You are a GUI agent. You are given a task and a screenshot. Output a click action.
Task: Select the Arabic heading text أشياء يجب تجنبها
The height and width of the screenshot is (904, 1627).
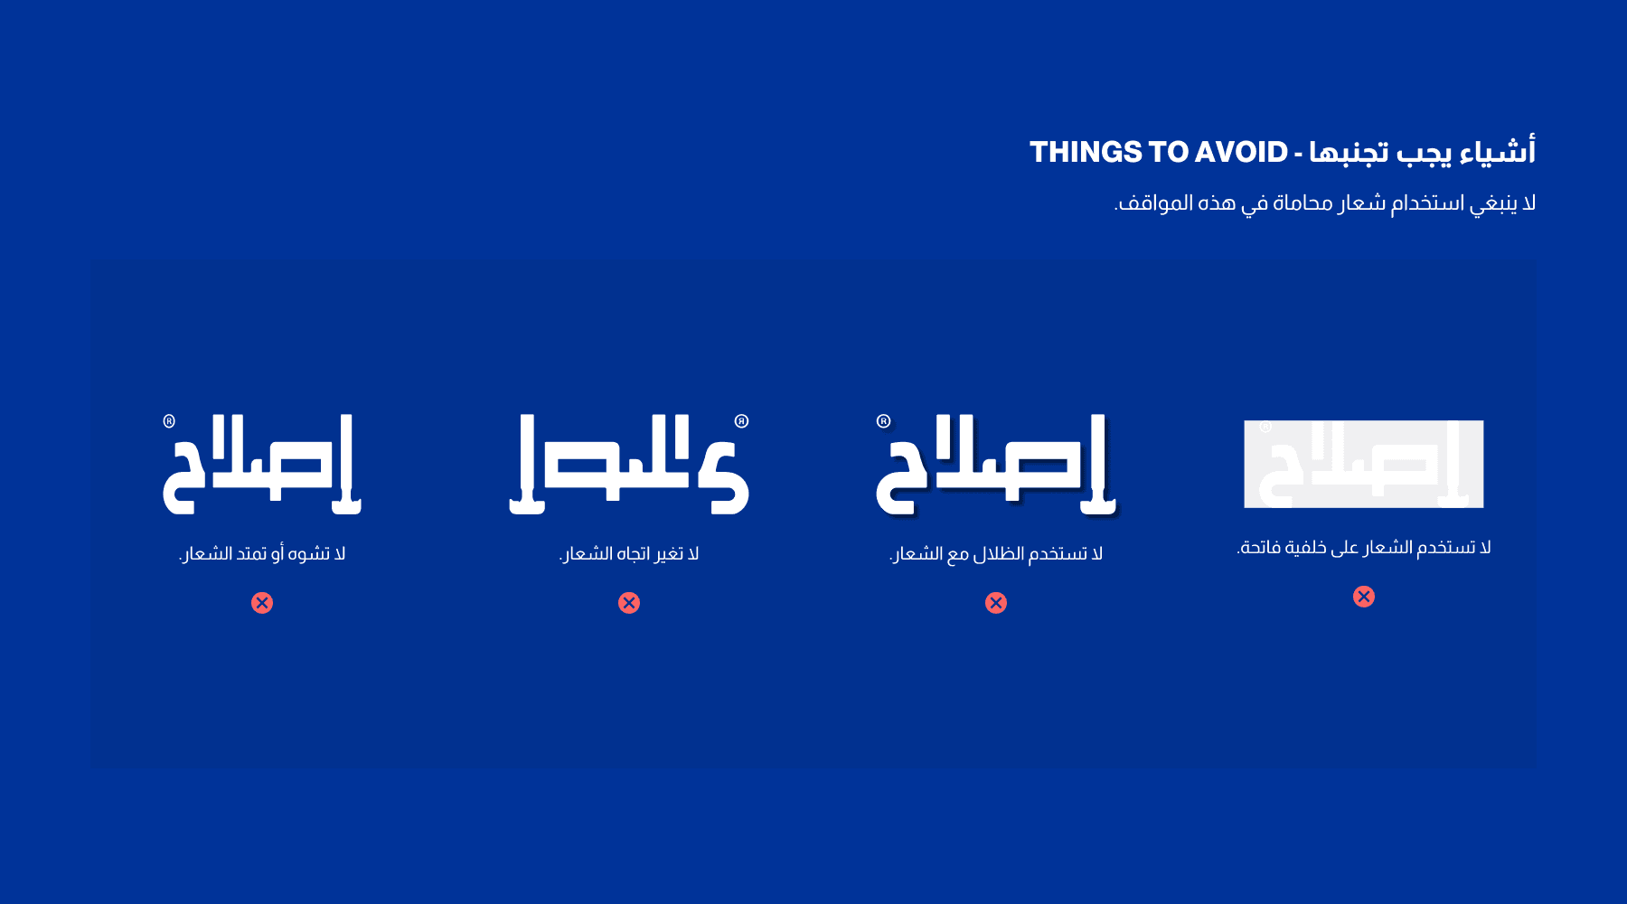tap(1423, 151)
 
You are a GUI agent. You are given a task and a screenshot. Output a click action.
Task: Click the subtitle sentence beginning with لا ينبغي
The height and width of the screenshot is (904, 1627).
tap(1325, 202)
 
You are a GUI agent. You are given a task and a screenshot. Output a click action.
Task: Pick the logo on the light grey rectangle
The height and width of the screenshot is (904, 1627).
tap(1363, 464)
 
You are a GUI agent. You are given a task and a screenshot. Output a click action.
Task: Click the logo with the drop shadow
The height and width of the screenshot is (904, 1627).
tap(996, 466)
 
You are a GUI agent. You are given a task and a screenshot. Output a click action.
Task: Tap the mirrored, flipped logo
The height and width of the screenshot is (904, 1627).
tap(629, 465)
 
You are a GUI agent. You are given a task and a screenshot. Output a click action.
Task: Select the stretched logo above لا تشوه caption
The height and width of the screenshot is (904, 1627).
tap(262, 465)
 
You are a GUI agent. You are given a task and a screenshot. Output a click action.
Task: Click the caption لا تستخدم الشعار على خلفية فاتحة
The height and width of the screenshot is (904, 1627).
tap(1364, 547)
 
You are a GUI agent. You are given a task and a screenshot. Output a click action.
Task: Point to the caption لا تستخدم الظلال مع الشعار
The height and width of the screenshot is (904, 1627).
tap(996, 553)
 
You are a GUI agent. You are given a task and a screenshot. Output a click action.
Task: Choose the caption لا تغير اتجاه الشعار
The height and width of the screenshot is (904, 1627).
tap(629, 553)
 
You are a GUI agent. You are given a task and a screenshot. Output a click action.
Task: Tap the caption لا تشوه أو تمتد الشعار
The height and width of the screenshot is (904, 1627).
tap(262, 553)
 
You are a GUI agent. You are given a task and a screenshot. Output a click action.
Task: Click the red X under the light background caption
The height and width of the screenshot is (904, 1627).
tap(1364, 597)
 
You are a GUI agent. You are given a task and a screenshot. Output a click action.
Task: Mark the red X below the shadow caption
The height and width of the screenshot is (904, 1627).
tap(996, 603)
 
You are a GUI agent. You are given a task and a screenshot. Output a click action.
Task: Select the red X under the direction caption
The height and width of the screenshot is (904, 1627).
tap(629, 603)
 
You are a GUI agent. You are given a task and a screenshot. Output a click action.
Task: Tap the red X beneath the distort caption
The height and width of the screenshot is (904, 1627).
tap(262, 603)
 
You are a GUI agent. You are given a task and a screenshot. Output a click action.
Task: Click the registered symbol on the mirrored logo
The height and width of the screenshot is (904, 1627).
tap(742, 421)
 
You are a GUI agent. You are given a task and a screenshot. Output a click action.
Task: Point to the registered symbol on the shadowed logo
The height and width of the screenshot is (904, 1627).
tap(884, 421)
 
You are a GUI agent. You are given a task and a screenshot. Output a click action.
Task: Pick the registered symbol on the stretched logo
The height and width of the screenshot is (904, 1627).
tap(169, 421)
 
